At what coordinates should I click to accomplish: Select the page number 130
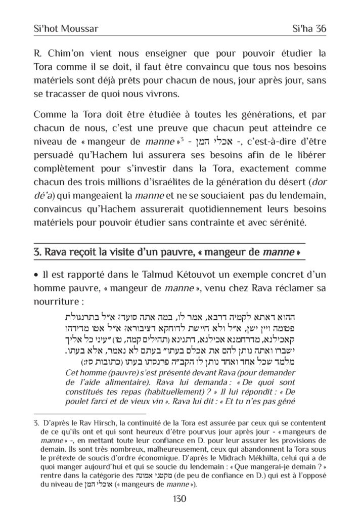tap(180, 499)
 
